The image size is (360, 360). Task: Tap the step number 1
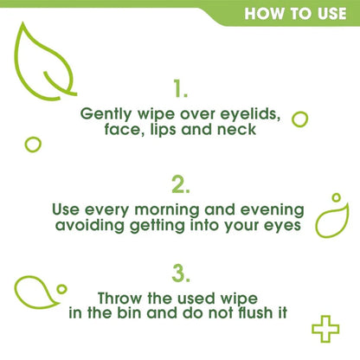180,88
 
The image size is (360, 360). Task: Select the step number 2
180,183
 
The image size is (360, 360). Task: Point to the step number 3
180,274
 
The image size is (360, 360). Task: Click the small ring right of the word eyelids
300,119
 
